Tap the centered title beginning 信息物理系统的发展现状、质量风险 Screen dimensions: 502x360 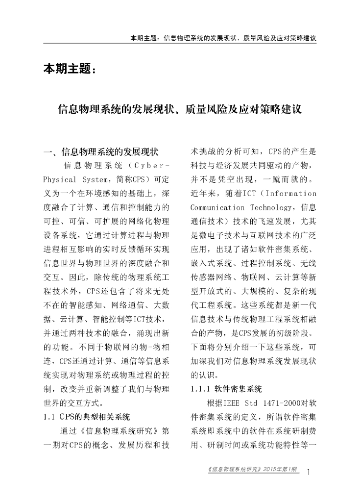(180, 108)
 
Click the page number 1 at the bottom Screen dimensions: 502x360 (309, 473)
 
